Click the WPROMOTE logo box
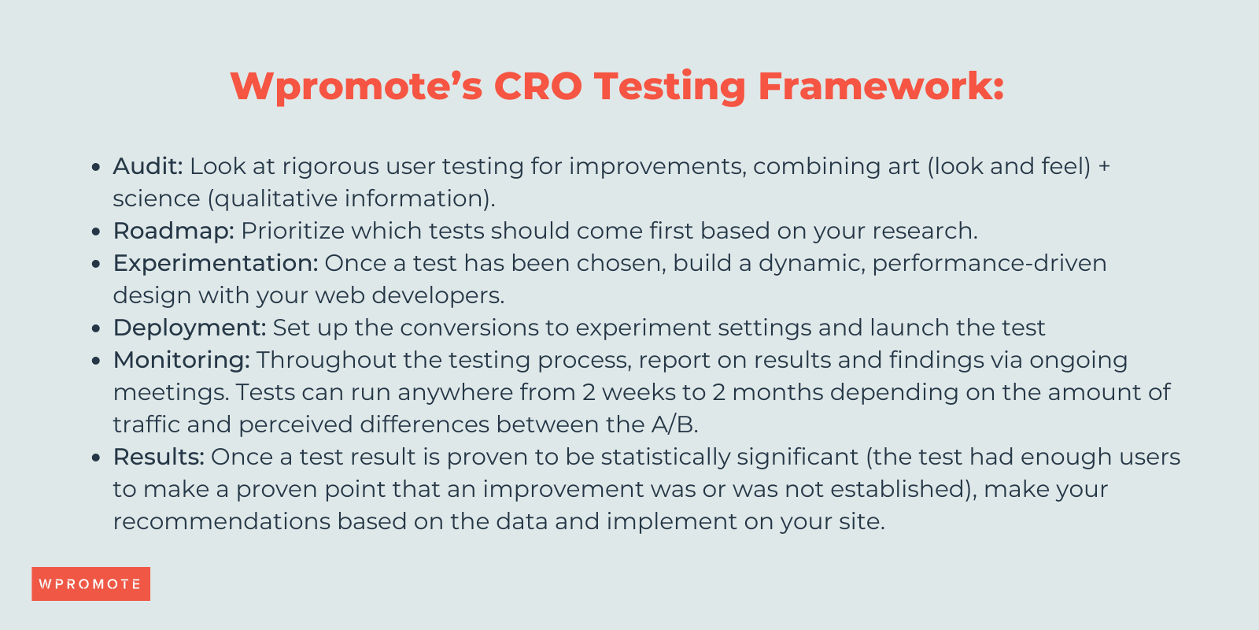click(x=90, y=584)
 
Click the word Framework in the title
click(x=880, y=86)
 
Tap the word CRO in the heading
click(x=537, y=86)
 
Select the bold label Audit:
click(x=148, y=166)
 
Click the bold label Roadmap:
click(x=174, y=231)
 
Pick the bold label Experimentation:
click(x=216, y=263)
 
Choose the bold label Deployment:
click(x=190, y=328)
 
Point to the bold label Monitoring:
click(x=182, y=360)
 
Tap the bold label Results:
click(x=159, y=457)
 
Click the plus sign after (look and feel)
click(x=1104, y=167)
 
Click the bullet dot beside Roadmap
click(x=96, y=232)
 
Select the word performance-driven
click(x=989, y=263)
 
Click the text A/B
click(x=674, y=424)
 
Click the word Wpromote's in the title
click(x=356, y=86)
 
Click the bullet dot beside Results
click(x=96, y=458)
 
